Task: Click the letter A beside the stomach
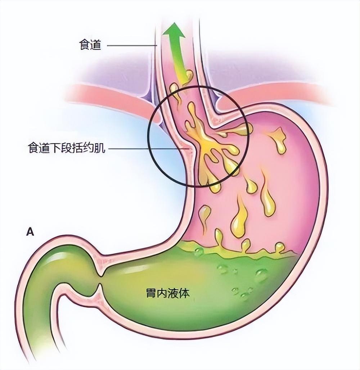point(30,231)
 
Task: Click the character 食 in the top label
point(85,45)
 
